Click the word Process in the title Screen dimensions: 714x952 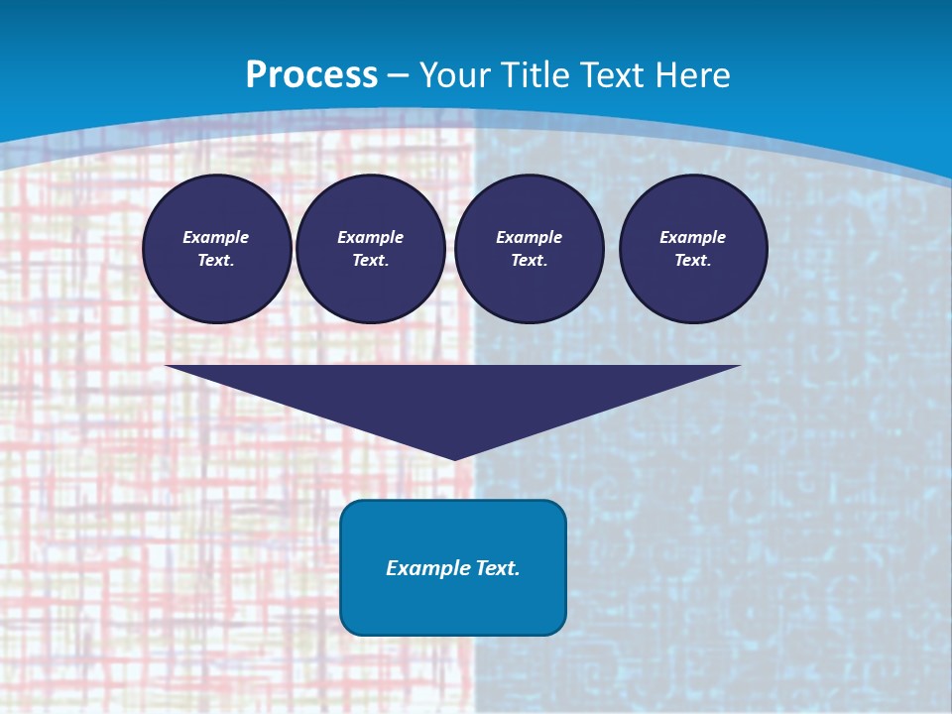(311, 74)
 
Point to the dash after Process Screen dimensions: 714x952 (398, 76)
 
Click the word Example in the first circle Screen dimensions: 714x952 (216, 237)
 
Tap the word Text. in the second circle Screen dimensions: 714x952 (371, 260)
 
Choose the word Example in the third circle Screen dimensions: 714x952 (529, 237)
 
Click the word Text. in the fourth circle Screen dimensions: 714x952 (693, 260)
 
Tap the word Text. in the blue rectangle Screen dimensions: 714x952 (497, 568)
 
